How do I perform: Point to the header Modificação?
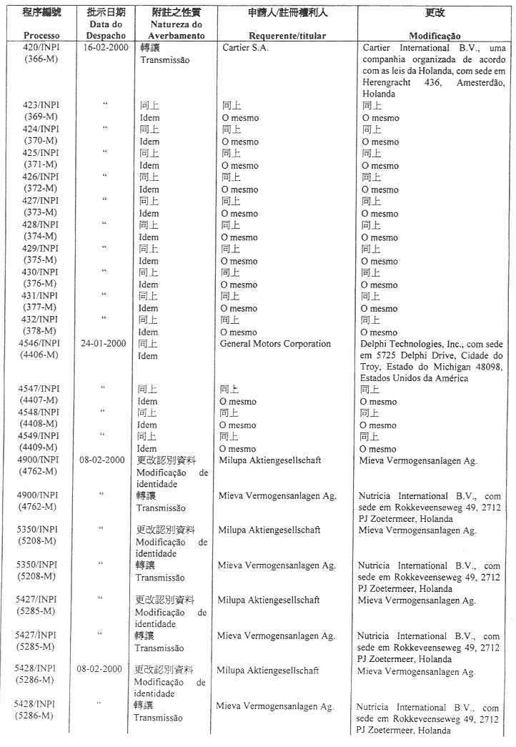pos(435,36)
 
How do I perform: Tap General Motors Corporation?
pos(276,344)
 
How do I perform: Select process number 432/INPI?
pos(41,320)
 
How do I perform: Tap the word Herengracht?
pos(386,82)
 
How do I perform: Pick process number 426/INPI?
pos(41,177)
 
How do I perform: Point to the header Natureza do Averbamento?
pos(171,30)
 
